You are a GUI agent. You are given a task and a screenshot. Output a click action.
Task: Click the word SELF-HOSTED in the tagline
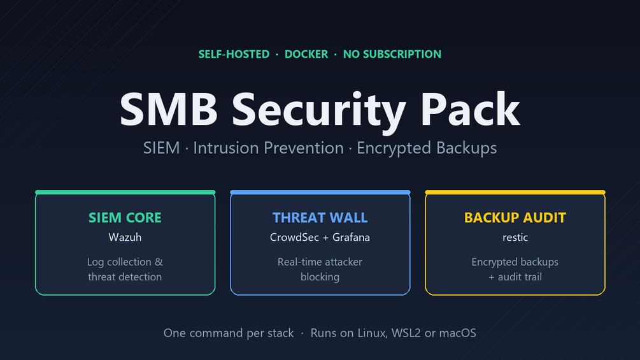(x=234, y=54)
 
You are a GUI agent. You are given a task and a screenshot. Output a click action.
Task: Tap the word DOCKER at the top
(x=306, y=54)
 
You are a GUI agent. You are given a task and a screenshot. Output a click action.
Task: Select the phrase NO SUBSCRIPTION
(x=392, y=54)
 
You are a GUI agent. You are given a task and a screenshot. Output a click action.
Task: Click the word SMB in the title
(x=169, y=110)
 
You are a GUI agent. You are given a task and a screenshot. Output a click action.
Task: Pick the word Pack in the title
(x=470, y=109)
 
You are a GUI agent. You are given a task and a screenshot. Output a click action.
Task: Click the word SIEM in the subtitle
(x=161, y=148)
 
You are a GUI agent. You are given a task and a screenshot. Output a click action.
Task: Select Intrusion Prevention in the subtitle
(x=268, y=148)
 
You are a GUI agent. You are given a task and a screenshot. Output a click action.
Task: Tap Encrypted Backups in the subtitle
(x=427, y=148)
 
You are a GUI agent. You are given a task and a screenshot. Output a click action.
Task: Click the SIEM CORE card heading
(x=125, y=217)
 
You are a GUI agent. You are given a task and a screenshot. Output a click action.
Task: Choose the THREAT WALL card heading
(x=320, y=217)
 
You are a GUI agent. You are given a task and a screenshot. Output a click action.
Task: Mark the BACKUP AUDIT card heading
(x=515, y=217)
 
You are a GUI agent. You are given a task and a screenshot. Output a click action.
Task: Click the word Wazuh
(x=125, y=237)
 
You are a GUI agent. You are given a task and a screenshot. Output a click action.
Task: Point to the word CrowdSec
(x=294, y=237)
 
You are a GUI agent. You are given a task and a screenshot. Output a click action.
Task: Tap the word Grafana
(x=351, y=237)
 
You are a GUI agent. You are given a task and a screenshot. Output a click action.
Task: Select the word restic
(x=515, y=238)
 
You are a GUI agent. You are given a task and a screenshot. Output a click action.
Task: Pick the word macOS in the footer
(x=457, y=333)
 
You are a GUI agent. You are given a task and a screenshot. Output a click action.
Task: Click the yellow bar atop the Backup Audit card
(x=515, y=192)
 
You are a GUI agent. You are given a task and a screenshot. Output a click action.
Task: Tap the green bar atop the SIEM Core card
(x=125, y=192)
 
